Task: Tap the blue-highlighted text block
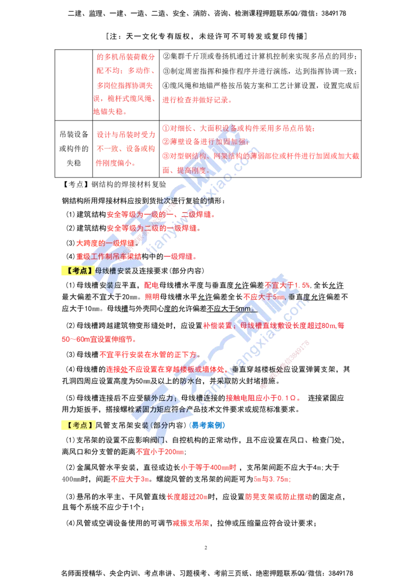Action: point(207,425)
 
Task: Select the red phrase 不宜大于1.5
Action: point(288,285)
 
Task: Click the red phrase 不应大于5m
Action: point(264,296)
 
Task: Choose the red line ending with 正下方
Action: point(150,355)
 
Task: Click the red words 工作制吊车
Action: point(109,256)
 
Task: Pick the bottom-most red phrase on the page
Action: point(190,523)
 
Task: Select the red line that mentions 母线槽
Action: point(274,326)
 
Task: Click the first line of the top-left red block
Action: point(126,56)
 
